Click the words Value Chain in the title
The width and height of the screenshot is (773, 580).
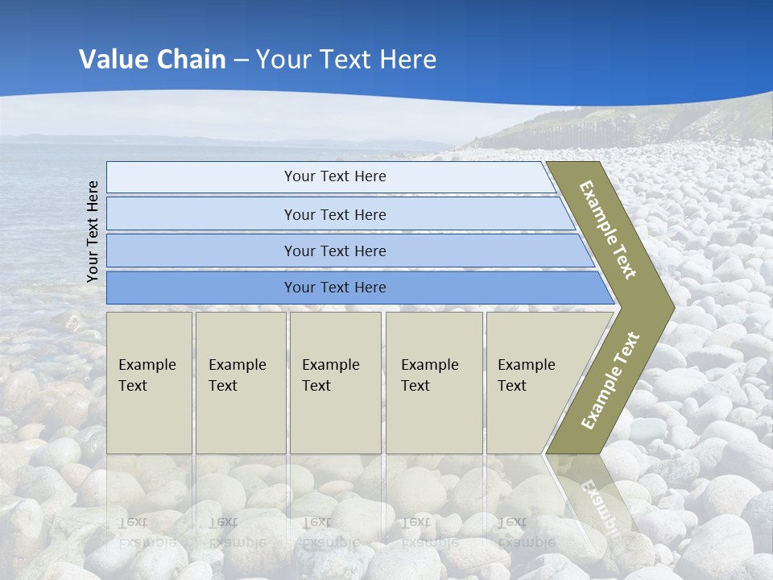coord(152,60)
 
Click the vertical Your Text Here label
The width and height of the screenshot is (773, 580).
coord(93,231)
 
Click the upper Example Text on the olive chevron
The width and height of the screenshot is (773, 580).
coord(608,230)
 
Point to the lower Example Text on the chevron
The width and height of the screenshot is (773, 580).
coord(610,381)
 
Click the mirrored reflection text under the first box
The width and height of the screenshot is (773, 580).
coord(147,532)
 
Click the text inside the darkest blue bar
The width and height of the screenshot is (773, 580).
coord(335,288)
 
